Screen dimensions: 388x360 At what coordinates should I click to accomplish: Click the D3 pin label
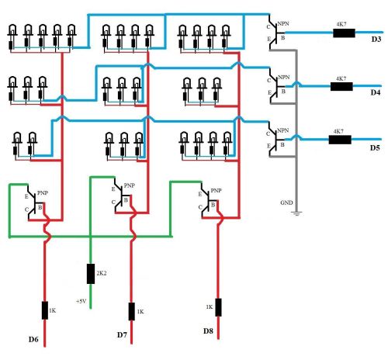(x=376, y=40)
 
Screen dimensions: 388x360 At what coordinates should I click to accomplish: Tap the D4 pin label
(x=376, y=92)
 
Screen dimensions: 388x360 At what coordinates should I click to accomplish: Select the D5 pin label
(x=375, y=147)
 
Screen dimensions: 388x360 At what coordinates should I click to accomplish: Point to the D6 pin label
(x=33, y=339)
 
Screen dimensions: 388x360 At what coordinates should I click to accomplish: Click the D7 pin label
(x=122, y=334)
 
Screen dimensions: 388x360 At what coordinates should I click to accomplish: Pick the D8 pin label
(x=208, y=331)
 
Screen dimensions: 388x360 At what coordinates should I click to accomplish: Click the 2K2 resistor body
(x=91, y=274)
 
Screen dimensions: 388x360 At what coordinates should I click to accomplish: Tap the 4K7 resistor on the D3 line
(x=344, y=33)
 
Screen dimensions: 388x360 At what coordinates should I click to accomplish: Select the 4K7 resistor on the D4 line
(x=341, y=86)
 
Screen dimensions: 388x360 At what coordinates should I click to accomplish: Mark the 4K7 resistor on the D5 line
(x=340, y=140)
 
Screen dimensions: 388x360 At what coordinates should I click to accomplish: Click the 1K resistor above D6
(x=45, y=310)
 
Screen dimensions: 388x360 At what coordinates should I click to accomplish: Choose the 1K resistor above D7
(x=132, y=311)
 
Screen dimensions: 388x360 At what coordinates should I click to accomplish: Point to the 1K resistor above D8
(x=218, y=307)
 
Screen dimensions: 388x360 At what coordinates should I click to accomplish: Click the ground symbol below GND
(x=296, y=213)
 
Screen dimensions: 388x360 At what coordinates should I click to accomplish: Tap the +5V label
(x=81, y=301)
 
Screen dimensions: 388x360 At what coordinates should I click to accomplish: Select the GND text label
(x=286, y=202)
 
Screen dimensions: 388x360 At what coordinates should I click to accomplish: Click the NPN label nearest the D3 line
(x=283, y=24)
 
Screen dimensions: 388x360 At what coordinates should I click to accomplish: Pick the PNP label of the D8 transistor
(x=216, y=191)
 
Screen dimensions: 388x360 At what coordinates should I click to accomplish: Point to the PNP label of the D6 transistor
(x=43, y=193)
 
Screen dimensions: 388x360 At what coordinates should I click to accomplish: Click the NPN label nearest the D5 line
(x=282, y=130)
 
